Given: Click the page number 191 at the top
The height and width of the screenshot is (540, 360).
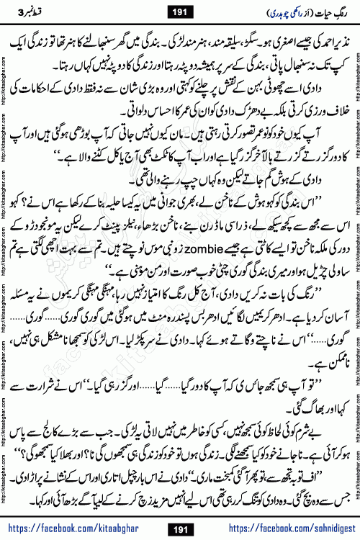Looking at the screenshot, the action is (x=179, y=13).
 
